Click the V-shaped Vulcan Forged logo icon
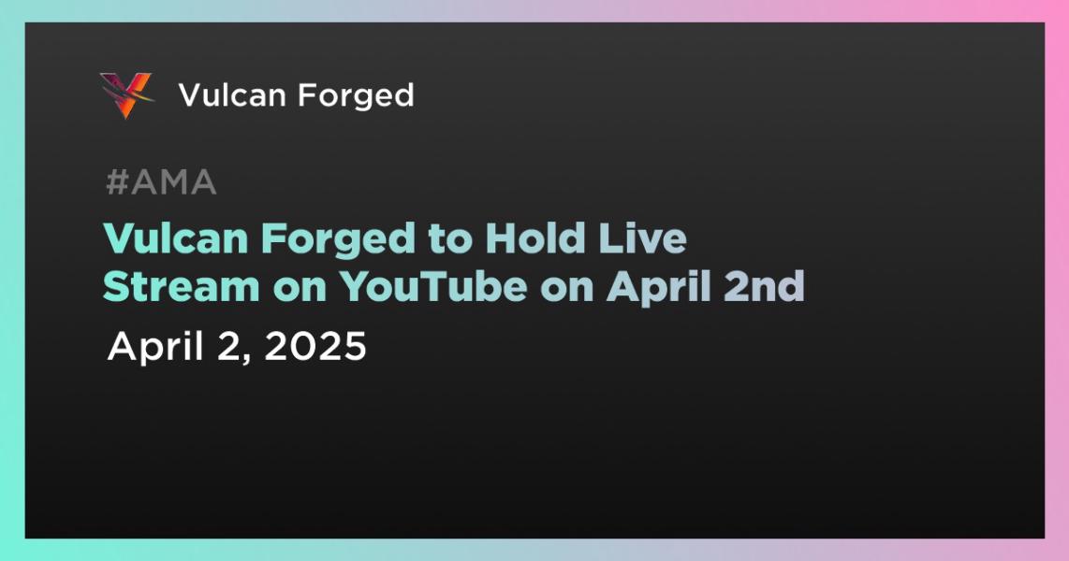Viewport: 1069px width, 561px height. coord(126,95)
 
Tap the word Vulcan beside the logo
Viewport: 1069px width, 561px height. coord(232,95)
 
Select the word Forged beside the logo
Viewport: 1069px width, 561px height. coord(356,96)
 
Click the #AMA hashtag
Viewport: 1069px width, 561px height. coord(162,182)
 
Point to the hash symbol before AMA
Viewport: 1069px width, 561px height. coord(117,182)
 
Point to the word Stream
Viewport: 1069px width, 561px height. coord(182,287)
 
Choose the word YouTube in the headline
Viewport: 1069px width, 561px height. coord(432,287)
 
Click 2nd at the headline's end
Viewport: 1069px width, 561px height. coord(764,287)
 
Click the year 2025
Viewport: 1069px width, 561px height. coord(315,347)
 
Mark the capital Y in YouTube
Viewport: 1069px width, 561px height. coord(355,287)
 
